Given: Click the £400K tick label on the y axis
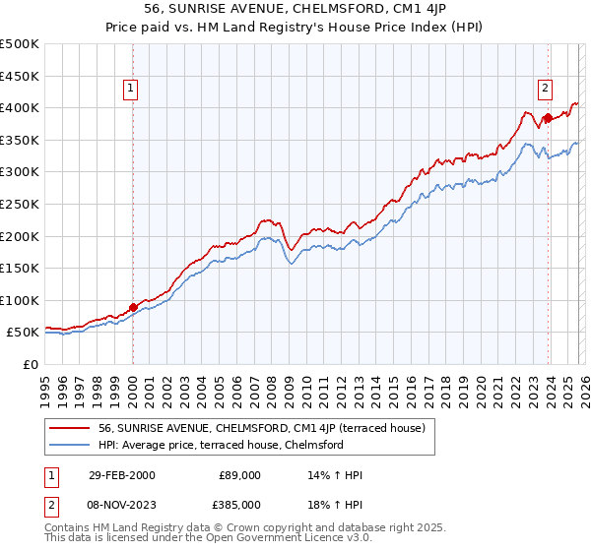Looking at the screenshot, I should [20, 108].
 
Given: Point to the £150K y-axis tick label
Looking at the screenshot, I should [20, 268].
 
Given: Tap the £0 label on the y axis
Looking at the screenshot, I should [31, 364].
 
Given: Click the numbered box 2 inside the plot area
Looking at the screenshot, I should [545, 88].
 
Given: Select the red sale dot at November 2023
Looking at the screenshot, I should [548, 118].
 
